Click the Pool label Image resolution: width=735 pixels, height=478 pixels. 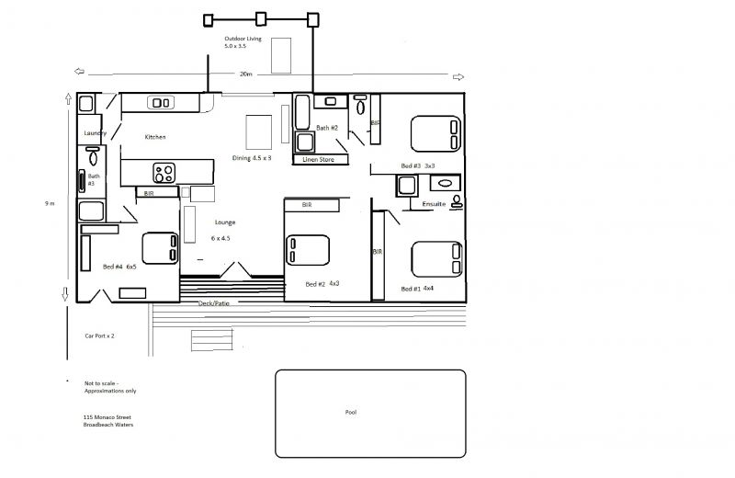[x=351, y=413]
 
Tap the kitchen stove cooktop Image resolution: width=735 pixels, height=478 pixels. [x=164, y=173]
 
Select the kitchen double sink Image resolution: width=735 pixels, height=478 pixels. [x=161, y=102]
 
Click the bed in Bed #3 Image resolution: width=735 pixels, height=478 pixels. [x=435, y=133]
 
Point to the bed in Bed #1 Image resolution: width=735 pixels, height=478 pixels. [x=436, y=259]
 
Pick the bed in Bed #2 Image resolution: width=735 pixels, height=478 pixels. [x=308, y=250]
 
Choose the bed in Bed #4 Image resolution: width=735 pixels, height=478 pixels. [x=160, y=248]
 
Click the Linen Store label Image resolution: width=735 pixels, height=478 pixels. [x=318, y=160]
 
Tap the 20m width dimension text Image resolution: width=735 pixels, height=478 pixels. [x=245, y=74]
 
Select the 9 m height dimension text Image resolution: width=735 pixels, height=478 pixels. [x=50, y=203]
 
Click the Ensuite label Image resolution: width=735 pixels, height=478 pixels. [x=434, y=204]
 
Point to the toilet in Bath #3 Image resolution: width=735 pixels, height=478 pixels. [x=93, y=155]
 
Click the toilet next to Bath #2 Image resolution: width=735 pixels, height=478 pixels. [x=360, y=105]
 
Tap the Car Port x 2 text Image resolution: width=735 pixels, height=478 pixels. [x=99, y=336]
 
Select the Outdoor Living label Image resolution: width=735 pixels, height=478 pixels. [x=243, y=39]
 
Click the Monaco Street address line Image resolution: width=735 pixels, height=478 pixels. [x=107, y=417]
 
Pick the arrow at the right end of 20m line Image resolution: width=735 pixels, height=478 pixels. [x=458, y=77]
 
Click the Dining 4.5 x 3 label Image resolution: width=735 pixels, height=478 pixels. [x=252, y=158]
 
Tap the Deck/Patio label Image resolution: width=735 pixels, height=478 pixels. [x=214, y=303]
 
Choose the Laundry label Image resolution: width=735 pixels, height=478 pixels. [x=96, y=133]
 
